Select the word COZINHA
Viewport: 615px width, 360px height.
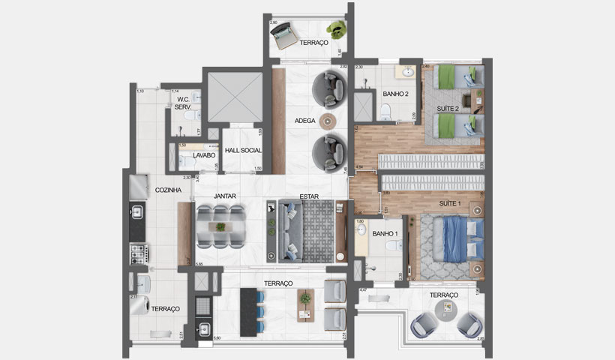(168, 190)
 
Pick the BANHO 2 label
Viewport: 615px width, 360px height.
(395, 94)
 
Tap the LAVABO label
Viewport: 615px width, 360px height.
(204, 155)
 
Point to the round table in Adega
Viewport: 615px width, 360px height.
(328, 121)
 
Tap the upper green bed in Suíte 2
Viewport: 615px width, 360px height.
(451, 77)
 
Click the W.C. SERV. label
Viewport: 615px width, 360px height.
(182, 103)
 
